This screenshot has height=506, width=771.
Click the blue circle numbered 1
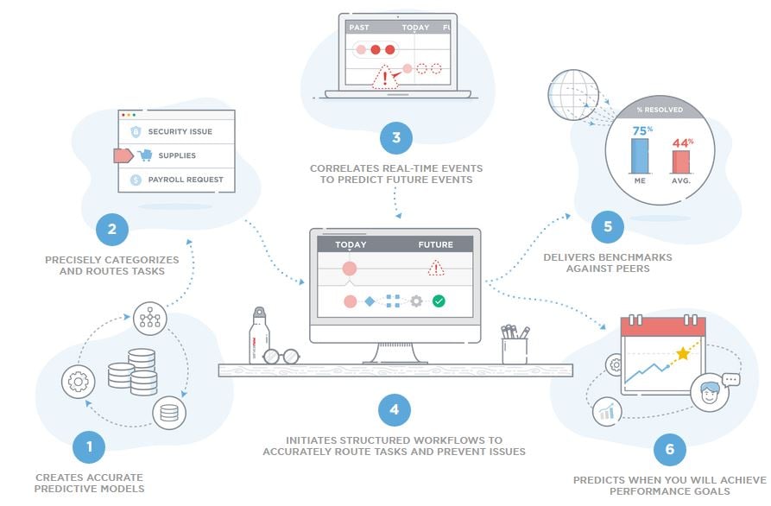[x=88, y=447]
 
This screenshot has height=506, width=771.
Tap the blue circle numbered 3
[x=395, y=137]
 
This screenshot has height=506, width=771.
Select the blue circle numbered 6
[x=669, y=449]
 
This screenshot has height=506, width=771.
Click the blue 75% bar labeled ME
[x=640, y=155]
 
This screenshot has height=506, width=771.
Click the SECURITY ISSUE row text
[x=180, y=132]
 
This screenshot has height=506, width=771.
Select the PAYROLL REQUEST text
[x=185, y=180]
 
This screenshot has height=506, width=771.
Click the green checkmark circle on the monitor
[x=439, y=301]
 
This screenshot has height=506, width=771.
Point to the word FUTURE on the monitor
[x=435, y=245]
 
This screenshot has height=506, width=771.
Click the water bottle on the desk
[x=260, y=337]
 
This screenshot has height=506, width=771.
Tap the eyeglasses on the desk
[x=281, y=356]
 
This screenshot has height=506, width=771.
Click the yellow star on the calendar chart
[x=684, y=352]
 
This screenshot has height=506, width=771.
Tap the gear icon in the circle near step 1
[x=78, y=381]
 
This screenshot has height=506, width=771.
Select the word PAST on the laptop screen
[x=359, y=28]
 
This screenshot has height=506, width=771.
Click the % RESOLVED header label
[x=660, y=110]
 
